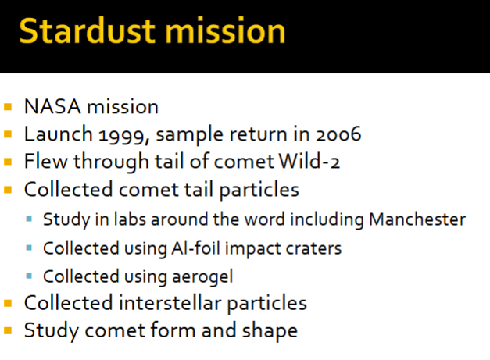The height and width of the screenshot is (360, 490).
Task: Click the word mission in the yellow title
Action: [x=221, y=32]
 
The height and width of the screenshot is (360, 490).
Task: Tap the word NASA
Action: [x=51, y=107]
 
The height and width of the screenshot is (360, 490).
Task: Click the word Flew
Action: [x=43, y=162]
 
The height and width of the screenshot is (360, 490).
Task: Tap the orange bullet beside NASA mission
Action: [x=9, y=107]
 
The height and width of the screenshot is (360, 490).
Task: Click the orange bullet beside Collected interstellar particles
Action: [x=9, y=303]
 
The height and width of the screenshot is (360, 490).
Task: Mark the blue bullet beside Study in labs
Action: [x=29, y=220]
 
